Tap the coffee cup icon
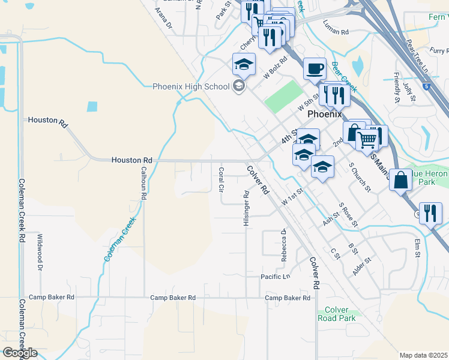point(315,69)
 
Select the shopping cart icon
point(367,139)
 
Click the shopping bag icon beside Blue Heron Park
point(400,179)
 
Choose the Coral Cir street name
point(221,179)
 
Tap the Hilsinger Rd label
point(246,208)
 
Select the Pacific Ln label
point(276,277)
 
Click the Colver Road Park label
point(337,314)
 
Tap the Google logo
point(19,353)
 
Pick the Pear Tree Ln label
point(417,57)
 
